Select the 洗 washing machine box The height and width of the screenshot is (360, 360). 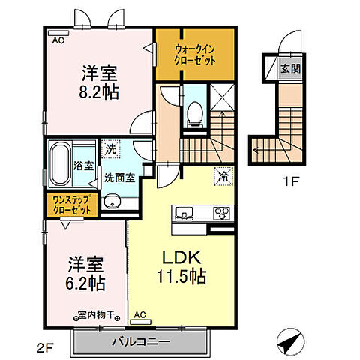[111, 149]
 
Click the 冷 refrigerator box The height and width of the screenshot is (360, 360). [223, 177]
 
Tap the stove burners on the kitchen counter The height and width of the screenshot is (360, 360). [221, 211]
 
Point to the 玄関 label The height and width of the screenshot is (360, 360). [289, 68]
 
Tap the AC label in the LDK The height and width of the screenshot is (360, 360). [139, 315]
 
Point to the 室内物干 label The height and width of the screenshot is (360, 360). [96, 314]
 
